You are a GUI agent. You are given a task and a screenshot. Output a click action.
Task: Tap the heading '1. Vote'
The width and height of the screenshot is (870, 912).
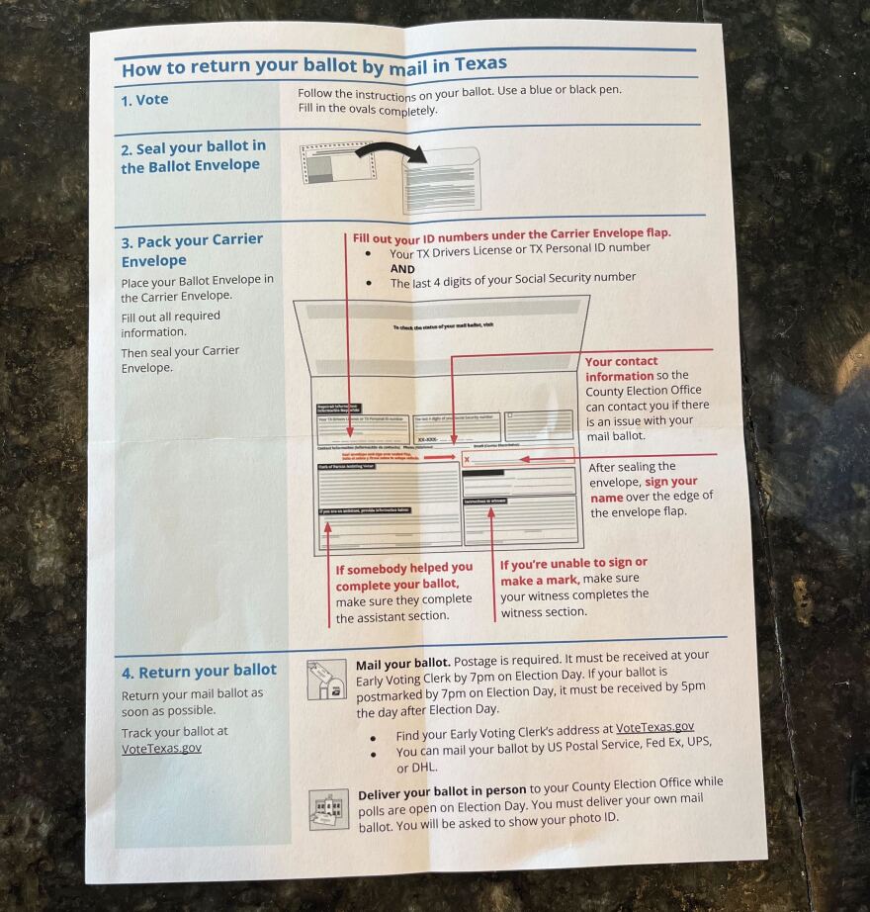[144, 100]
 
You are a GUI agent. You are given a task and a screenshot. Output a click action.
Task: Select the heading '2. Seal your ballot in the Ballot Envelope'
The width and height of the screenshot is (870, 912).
[193, 156]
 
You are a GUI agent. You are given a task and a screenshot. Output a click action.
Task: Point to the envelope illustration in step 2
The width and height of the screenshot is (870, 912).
[441, 179]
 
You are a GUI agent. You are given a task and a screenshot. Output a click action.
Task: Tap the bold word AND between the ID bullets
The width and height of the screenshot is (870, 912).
[402, 268]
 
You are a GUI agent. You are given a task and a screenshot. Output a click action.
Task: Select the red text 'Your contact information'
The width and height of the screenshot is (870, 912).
[621, 368]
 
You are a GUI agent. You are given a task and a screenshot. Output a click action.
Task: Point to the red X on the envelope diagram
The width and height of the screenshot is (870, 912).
[467, 460]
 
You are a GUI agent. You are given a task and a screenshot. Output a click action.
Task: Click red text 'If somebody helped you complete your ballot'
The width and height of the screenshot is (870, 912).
[402, 576]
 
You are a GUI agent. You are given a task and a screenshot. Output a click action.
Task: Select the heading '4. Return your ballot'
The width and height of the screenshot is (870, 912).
[199, 671]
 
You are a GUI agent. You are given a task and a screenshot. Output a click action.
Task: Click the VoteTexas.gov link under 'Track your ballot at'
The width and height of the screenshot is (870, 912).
[161, 748]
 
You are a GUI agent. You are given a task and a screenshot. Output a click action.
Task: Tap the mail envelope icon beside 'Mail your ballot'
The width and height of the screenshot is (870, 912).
[326, 680]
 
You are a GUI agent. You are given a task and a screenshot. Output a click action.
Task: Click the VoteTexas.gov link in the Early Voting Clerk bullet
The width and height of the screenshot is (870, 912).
[654, 727]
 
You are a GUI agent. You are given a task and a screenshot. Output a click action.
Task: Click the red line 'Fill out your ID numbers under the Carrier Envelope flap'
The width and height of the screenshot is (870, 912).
[511, 234]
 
